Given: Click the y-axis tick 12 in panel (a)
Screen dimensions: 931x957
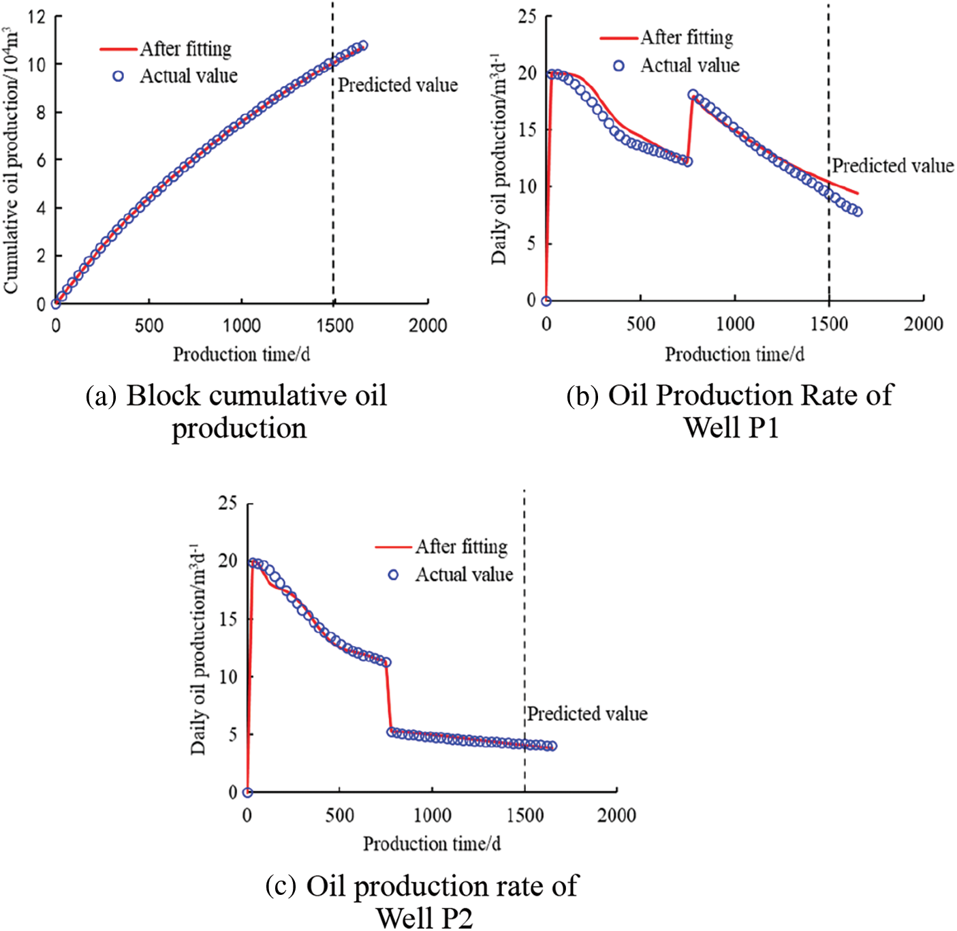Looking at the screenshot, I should click(x=37, y=16).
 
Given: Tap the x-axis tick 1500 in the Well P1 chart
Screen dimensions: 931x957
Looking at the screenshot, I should click(x=829, y=324).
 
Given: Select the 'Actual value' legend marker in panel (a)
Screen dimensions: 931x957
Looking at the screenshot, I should click(x=118, y=76).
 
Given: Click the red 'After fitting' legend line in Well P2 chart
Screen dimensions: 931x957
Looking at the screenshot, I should click(x=394, y=547).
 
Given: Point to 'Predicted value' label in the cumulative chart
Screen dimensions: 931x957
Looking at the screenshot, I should click(x=398, y=85).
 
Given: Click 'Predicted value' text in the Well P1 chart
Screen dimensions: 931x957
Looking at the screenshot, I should click(x=892, y=166).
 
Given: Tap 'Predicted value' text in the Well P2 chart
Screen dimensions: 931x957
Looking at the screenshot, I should click(x=587, y=714).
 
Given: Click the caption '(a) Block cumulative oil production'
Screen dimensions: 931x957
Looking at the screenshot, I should click(x=236, y=412).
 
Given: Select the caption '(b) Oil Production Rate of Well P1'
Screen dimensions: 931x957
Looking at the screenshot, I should click(x=730, y=412).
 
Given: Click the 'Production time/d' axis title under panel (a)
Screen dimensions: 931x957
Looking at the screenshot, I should click(x=241, y=354).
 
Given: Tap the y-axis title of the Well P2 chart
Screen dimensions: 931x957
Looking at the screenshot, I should click(x=198, y=649).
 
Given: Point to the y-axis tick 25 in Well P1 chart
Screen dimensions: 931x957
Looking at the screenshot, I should click(x=527, y=16).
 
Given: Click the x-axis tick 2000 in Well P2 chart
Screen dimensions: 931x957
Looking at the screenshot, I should click(x=616, y=815).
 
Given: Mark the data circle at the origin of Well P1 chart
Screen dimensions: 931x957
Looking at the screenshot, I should click(x=546, y=301).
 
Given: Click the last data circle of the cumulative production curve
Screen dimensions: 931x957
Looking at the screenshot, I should click(x=362, y=46).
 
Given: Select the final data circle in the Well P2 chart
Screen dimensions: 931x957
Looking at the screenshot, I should click(x=552, y=746).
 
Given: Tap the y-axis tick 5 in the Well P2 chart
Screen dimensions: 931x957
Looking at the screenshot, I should click(x=232, y=735).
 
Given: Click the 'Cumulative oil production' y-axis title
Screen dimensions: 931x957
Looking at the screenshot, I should click(x=11, y=160).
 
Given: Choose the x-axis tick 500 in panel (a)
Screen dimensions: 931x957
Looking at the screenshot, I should click(x=148, y=325).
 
